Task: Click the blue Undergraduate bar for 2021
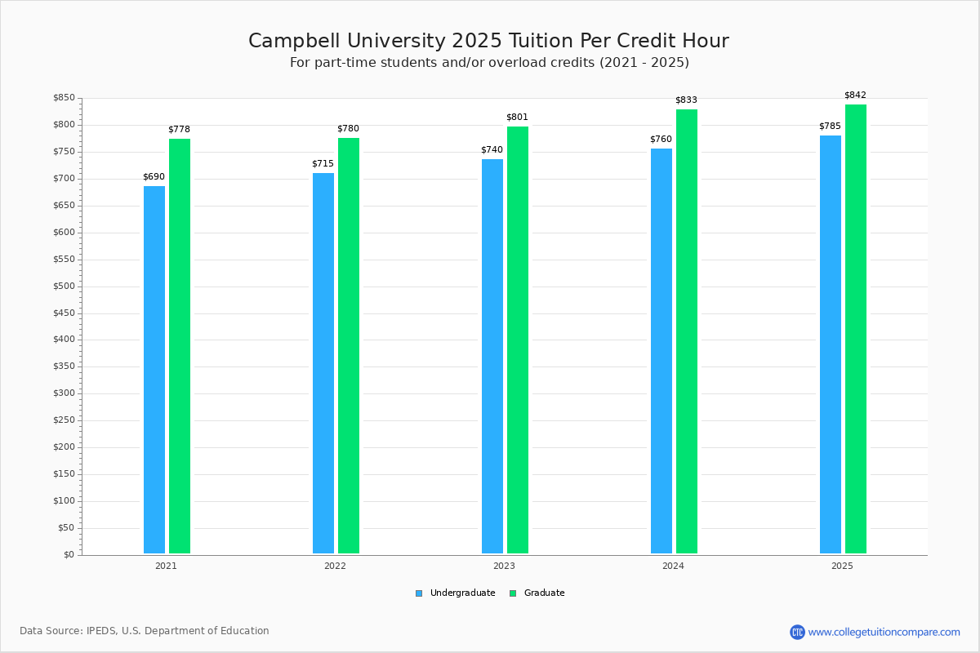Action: (x=154, y=370)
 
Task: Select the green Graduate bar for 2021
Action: (x=180, y=346)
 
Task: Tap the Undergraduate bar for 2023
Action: (x=492, y=356)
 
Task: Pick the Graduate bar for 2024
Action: (x=687, y=331)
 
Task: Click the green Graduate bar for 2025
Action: (x=856, y=329)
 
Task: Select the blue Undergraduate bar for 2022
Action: (x=323, y=363)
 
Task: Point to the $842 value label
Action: (x=855, y=96)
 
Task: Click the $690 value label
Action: (x=154, y=177)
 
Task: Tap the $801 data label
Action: (x=517, y=118)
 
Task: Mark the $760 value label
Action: (x=661, y=140)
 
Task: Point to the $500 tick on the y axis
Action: (x=65, y=287)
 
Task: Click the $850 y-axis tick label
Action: (x=65, y=99)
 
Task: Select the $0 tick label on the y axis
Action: (x=69, y=555)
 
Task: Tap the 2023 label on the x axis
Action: (x=504, y=566)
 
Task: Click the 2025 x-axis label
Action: (x=842, y=566)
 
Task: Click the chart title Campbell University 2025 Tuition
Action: (x=488, y=42)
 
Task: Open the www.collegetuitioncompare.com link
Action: (x=884, y=632)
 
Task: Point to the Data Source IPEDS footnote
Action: (x=145, y=631)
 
